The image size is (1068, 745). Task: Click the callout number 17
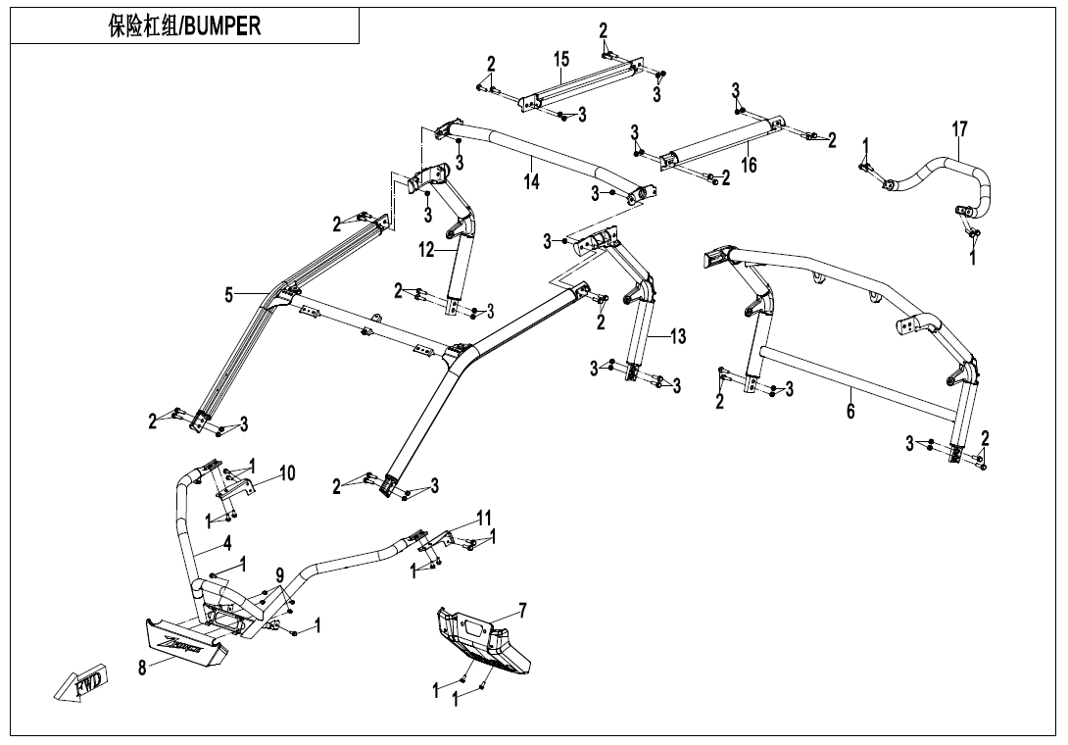pyautogui.click(x=959, y=128)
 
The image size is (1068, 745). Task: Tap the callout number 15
pyautogui.click(x=560, y=60)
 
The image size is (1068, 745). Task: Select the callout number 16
pyautogui.click(x=749, y=165)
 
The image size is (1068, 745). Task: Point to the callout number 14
pyautogui.click(x=531, y=181)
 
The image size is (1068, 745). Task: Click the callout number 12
pyautogui.click(x=426, y=250)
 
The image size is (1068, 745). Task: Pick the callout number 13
pyautogui.click(x=678, y=336)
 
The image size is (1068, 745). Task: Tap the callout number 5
pyautogui.click(x=229, y=294)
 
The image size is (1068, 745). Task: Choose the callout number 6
pyautogui.click(x=850, y=411)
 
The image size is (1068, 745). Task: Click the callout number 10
pyautogui.click(x=287, y=473)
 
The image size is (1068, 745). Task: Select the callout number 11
pyautogui.click(x=484, y=518)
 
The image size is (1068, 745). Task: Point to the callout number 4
pyautogui.click(x=227, y=544)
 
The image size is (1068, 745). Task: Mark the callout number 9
pyautogui.click(x=280, y=575)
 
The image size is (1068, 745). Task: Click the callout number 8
pyautogui.click(x=143, y=669)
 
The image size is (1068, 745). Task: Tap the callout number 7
pyautogui.click(x=523, y=611)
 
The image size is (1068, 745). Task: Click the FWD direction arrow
pyautogui.click(x=80, y=682)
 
